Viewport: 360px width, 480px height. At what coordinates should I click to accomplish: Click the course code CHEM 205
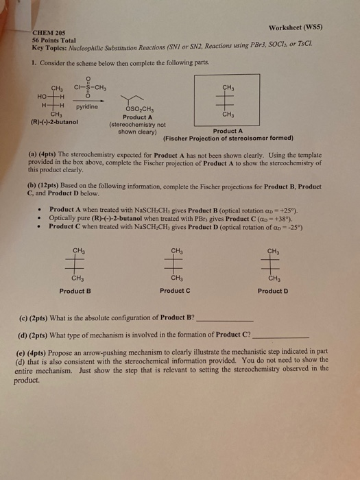point(48,33)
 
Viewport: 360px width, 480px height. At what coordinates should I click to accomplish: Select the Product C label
point(175,291)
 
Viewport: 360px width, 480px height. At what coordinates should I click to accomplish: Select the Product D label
point(273,291)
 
